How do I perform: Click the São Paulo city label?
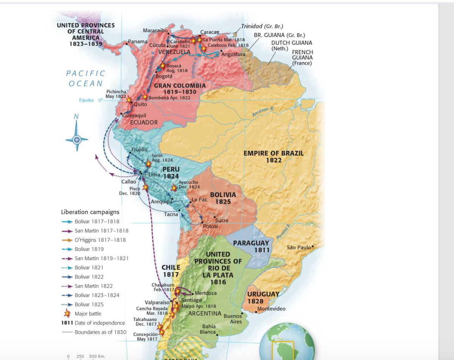299,247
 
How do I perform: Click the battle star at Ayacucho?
174,187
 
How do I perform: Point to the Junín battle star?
148,164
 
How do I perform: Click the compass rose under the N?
76,139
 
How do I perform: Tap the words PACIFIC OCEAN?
86,78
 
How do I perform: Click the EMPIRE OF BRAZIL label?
273,157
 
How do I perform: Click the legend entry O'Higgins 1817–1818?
100,240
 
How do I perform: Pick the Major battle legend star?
67,313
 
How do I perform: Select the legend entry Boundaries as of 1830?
100,332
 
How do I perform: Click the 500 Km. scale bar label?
97,357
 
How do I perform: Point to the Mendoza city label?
205,293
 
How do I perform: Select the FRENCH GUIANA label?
302,58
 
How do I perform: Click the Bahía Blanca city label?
209,329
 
